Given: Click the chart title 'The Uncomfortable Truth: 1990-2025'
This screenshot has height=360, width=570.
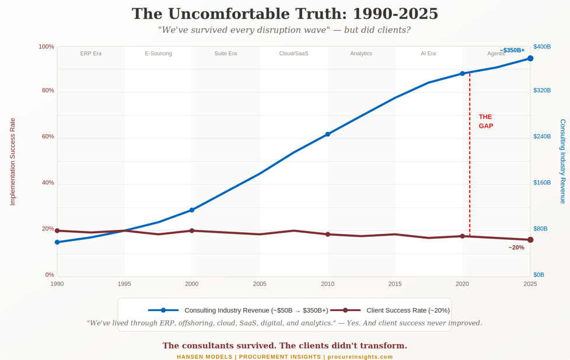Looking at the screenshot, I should [x=285, y=14].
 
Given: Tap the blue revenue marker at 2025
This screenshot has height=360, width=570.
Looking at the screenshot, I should [x=530, y=58].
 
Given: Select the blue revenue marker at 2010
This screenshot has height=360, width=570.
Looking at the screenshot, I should [x=328, y=134].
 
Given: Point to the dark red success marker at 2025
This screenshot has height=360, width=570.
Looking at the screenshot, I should [x=530, y=240].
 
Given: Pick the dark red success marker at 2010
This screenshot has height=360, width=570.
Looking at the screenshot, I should [x=328, y=235].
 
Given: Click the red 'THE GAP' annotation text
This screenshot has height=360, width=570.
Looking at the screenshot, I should [x=485, y=121].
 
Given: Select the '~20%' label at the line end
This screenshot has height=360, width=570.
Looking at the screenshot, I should [x=516, y=247].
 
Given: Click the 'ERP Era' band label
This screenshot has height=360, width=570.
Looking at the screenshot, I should [x=90, y=54].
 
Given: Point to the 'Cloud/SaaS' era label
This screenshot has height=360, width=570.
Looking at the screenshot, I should [x=293, y=54].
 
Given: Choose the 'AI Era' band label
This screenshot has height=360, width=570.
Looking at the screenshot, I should [x=428, y=54].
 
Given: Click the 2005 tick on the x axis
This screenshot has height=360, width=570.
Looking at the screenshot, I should [x=260, y=284].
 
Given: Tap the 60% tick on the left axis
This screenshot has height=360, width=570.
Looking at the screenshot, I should [x=47, y=137].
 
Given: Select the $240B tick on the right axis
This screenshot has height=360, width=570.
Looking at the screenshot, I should [x=542, y=137].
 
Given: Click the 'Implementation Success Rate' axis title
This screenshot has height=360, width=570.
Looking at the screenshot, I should [x=12, y=162].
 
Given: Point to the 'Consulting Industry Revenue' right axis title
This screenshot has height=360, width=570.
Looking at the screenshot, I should [x=562, y=162].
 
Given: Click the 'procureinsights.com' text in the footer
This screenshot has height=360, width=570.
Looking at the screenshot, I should [x=360, y=356].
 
